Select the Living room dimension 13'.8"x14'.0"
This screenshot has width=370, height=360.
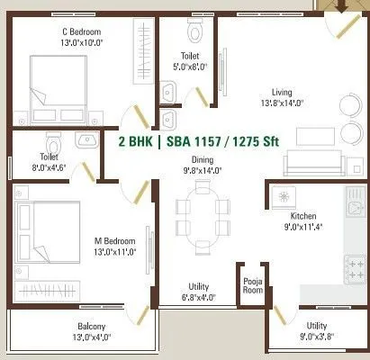click(x=293, y=103)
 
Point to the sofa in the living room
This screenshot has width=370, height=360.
click(x=311, y=163)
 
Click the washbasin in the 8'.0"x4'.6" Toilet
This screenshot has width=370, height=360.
click(x=86, y=139)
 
